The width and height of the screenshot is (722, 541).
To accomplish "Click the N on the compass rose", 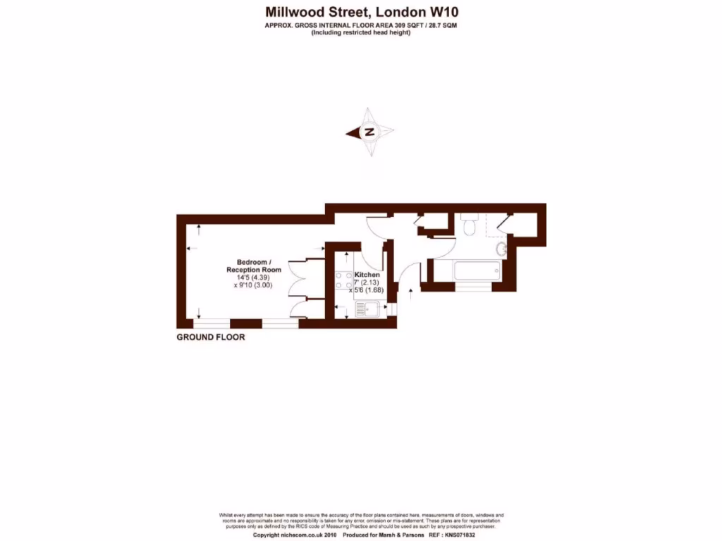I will [x=369, y=132].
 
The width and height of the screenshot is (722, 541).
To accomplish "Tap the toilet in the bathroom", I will [x=469, y=225].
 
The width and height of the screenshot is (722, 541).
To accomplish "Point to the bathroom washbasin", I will [x=501, y=249].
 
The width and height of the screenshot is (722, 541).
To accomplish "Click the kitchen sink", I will [x=367, y=308].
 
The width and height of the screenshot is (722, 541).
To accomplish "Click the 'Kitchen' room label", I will [x=367, y=275].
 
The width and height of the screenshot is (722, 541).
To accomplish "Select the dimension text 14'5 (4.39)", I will [x=253, y=278].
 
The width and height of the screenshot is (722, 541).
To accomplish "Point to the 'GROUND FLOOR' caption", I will [x=211, y=337].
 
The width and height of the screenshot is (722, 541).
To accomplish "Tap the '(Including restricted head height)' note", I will [x=361, y=32].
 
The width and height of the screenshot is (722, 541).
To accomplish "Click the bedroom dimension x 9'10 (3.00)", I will [x=253, y=285].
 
